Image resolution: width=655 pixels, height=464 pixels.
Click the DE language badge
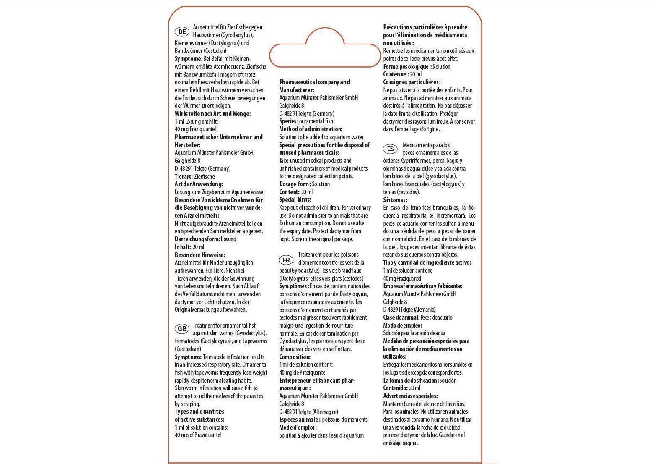[x=182, y=32]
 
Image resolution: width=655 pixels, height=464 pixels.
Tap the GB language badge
[x=182, y=328]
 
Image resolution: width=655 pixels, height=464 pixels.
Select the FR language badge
[x=287, y=260]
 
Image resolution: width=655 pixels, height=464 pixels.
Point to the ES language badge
[x=391, y=149]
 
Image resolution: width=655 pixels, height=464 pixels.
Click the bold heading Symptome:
[x=188, y=59]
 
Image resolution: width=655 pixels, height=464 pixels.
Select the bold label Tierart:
[x=184, y=177]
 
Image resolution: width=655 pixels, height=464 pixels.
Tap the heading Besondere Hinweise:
[x=200, y=255]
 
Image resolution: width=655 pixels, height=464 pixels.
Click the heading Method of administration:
[x=311, y=129]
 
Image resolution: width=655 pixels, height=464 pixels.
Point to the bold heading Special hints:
[x=295, y=200]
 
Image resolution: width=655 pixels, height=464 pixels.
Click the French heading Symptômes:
[x=294, y=286]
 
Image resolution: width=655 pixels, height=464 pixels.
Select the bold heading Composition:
[x=295, y=357]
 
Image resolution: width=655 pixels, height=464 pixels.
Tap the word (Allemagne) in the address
[x=325, y=412]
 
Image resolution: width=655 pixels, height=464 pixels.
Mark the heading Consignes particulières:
[x=412, y=82]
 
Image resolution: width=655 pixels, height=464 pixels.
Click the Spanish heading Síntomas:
[x=395, y=200]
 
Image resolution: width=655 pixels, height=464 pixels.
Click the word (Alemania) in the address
[x=425, y=310]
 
